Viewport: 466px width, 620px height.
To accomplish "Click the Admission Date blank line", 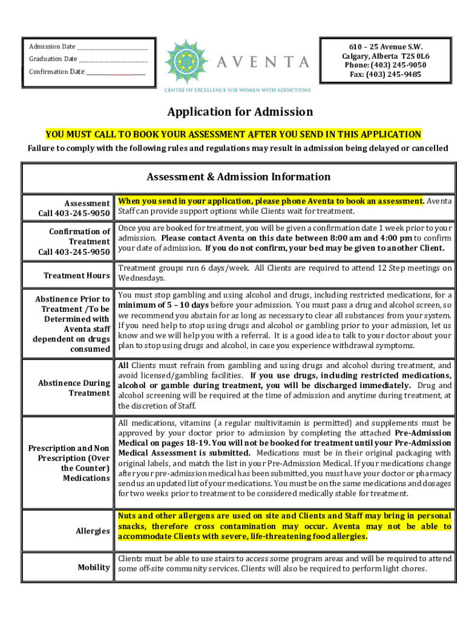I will pos(113,47).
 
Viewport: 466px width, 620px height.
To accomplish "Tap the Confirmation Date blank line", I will pos(116,72).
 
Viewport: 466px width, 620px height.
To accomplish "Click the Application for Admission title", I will pos(240,112).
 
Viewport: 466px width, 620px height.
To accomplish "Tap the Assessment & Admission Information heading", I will pos(238,177).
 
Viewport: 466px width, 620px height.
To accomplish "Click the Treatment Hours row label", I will pos(76,275).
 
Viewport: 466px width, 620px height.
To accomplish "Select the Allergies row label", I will pos(93,531).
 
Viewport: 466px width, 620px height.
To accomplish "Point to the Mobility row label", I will pos(94,567).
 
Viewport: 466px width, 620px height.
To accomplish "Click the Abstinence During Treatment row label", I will pos(74,388).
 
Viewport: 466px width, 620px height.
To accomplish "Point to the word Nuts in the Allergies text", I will pos(128,516).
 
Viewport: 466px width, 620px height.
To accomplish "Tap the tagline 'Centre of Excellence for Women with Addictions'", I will pos(238,90).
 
